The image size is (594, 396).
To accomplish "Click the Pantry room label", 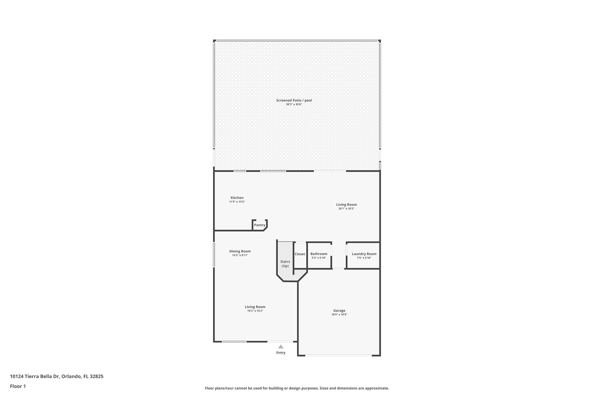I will pos(260,225).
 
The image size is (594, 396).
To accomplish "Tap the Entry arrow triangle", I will pos(281,346).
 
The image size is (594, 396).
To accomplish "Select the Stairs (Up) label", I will pos(285,264).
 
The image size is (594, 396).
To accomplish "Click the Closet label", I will pos(300,254).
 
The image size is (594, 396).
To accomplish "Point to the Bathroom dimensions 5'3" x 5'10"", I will pos(319,258).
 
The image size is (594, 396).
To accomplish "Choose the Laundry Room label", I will pos(364,254).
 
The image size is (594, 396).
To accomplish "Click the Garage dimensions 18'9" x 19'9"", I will pos(339,314).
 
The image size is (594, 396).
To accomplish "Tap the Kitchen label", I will pos(237,198).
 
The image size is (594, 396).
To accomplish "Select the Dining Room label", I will pos(240,251).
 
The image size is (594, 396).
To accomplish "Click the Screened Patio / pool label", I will pos(294,100).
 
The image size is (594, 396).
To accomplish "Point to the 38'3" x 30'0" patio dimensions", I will pos(294,104).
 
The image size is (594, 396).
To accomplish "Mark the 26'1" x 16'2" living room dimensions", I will pos(346,209).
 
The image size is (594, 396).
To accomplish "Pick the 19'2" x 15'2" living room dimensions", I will pos(255,311).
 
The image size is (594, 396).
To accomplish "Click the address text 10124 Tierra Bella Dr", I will pos(35,376).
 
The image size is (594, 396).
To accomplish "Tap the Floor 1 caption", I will pos(18,386).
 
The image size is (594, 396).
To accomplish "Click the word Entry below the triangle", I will pos(281,353).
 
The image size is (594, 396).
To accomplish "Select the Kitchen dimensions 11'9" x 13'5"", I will pos(237,202).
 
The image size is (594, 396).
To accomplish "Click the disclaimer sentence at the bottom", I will pos(297,388).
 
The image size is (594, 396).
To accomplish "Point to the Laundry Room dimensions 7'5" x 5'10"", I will pos(364,258).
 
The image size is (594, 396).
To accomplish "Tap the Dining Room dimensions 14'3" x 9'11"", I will pos(240,255).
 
